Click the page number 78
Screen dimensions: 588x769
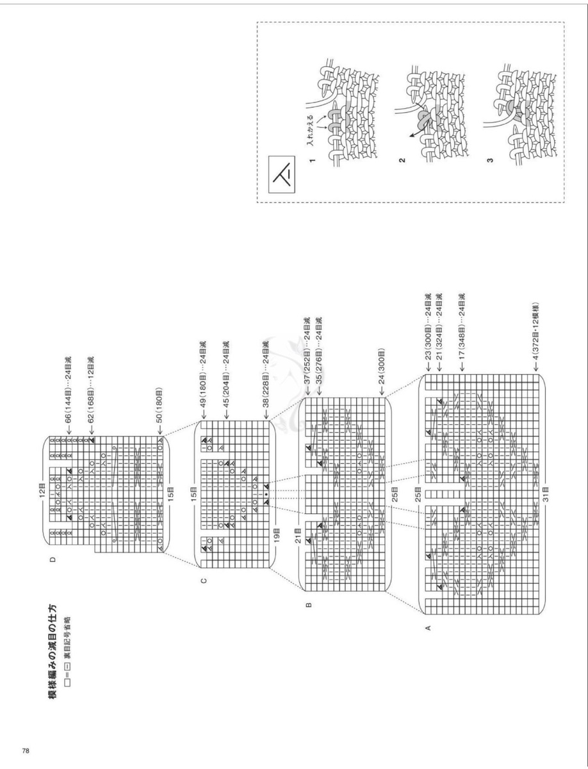pyautogui.click(x=26, y=748)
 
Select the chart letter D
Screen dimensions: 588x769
pyautogui.click(x=53, y=559)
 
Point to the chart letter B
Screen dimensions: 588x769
pyautogui.click(x=308, y=605)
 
